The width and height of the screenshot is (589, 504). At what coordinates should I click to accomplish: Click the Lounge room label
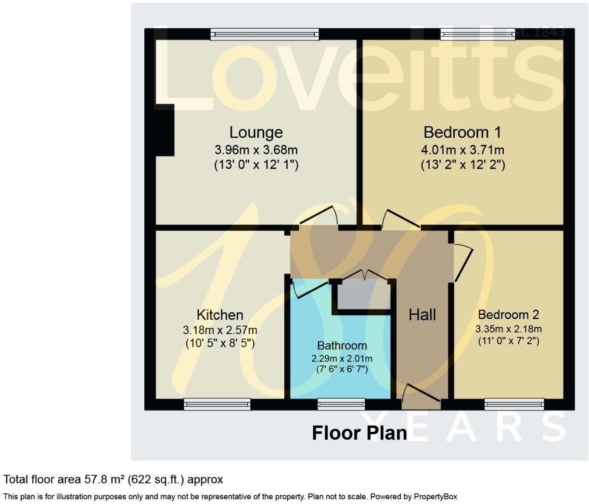[256, 132]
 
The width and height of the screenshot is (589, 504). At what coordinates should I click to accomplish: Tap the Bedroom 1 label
[462, 132]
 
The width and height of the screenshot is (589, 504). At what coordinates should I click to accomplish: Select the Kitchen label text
[220, 315]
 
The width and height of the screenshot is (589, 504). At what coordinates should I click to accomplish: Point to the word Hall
[422, 315]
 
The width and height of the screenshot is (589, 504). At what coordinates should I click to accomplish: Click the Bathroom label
[342, 346]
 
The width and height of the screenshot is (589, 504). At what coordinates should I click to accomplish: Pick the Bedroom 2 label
[508, 315]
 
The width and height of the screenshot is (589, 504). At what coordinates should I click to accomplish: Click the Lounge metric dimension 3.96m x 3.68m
[256, 150]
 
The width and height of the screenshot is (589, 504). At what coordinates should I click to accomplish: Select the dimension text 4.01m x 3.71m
[462, 150]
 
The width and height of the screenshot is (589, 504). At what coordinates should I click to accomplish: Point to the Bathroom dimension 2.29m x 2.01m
[342, 358]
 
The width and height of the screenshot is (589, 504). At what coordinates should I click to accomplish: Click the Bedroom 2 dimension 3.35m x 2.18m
[508, 329]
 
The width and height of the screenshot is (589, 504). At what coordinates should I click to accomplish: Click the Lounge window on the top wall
[265, 34]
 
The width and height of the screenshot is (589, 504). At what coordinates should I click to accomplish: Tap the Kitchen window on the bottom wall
[217, 404]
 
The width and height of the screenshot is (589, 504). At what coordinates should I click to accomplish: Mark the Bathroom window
[341, 404]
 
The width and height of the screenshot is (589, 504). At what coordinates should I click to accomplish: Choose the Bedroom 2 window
[514, 404]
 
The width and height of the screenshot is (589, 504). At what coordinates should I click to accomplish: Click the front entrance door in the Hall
[421, 398]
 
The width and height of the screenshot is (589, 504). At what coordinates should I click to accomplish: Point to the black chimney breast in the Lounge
[165, 130]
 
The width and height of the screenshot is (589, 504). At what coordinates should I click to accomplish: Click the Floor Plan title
[359, 433]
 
